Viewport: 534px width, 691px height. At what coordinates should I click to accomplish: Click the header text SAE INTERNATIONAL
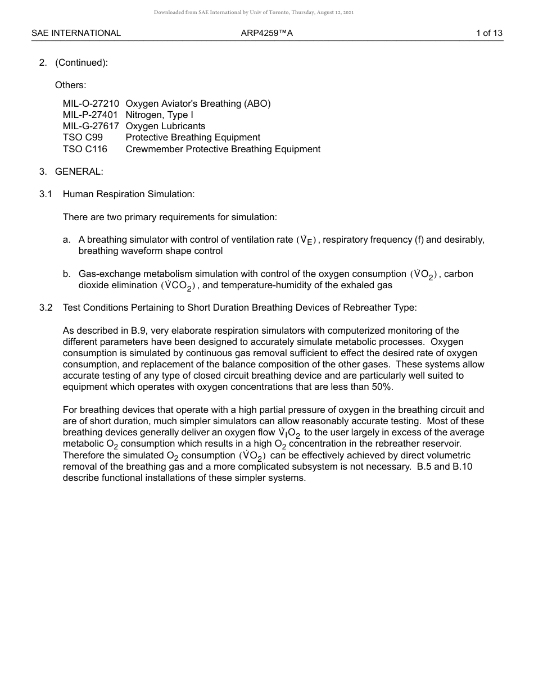[x=76, y=33]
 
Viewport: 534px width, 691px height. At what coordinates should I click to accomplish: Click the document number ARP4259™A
[x=267, y=33]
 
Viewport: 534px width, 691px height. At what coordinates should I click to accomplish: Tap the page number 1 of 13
[x=489, y=33]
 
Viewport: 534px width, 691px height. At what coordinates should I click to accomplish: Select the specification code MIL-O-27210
[x=91, y=103]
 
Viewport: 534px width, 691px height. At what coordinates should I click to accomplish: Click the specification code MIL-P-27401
[x=90, y=115]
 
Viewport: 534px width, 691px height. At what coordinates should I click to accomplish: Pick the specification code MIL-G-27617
[x=91, y=126]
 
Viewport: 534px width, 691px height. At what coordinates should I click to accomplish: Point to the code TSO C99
[x=83, y=138]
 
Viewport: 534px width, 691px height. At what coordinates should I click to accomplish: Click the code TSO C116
[x=85, y=149]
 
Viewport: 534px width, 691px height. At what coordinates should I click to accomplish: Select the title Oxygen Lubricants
[x=165, y=126]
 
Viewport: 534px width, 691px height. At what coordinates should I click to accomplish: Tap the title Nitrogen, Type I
[x=160, y=115]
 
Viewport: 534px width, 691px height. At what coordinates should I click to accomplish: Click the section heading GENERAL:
[x=79, y=171]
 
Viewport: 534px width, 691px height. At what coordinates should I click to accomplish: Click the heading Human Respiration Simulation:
[x=129, y=194]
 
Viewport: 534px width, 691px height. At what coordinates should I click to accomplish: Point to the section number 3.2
[x=46, y=308]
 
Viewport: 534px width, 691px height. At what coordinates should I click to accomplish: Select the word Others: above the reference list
[x=70, y=85]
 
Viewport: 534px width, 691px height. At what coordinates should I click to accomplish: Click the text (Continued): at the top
[x=82, y=63]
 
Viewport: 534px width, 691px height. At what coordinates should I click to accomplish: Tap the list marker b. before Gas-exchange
[x=67, y=274]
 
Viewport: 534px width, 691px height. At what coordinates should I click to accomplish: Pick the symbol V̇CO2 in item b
[x=178, y=286]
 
